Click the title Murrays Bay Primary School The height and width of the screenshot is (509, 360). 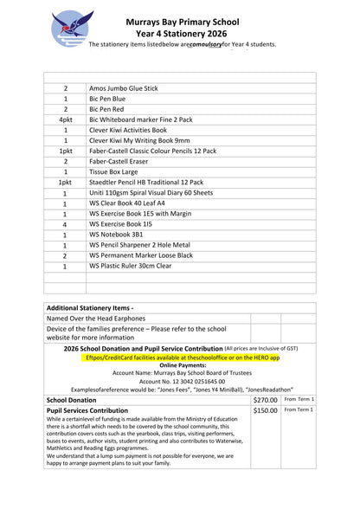point(197,18)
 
